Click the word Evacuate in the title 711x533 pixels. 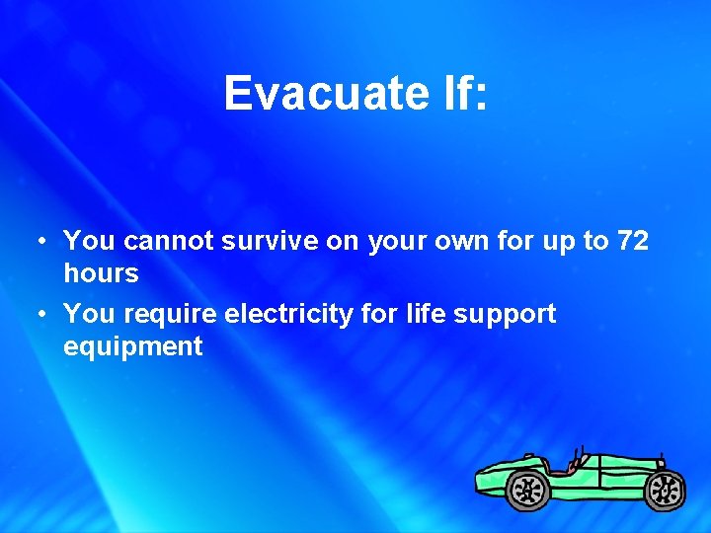312,94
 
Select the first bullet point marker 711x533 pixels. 38,241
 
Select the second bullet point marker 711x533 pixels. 38,315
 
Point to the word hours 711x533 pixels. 101,272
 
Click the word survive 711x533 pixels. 270,240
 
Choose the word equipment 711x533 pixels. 132,346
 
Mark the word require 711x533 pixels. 171,315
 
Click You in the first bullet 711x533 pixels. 90,240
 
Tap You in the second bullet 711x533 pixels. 90,314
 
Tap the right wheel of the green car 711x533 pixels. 665,488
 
